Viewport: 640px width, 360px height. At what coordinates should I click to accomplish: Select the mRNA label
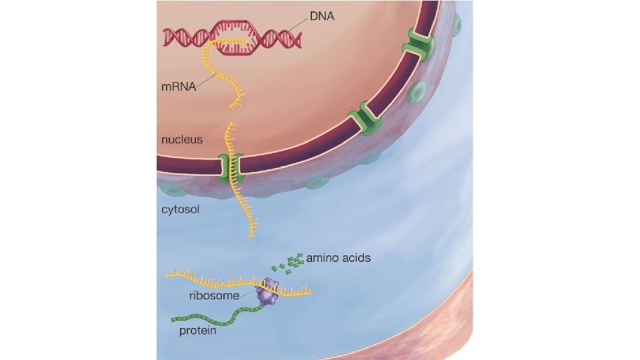(178, 88)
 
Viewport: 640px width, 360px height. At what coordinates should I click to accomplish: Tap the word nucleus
(181, 141)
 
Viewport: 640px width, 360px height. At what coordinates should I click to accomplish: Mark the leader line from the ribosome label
(248, 292)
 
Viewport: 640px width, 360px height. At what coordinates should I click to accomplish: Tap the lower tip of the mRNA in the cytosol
(252, 235)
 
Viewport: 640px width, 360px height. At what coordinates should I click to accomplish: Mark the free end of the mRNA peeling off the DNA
(233, 105)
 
